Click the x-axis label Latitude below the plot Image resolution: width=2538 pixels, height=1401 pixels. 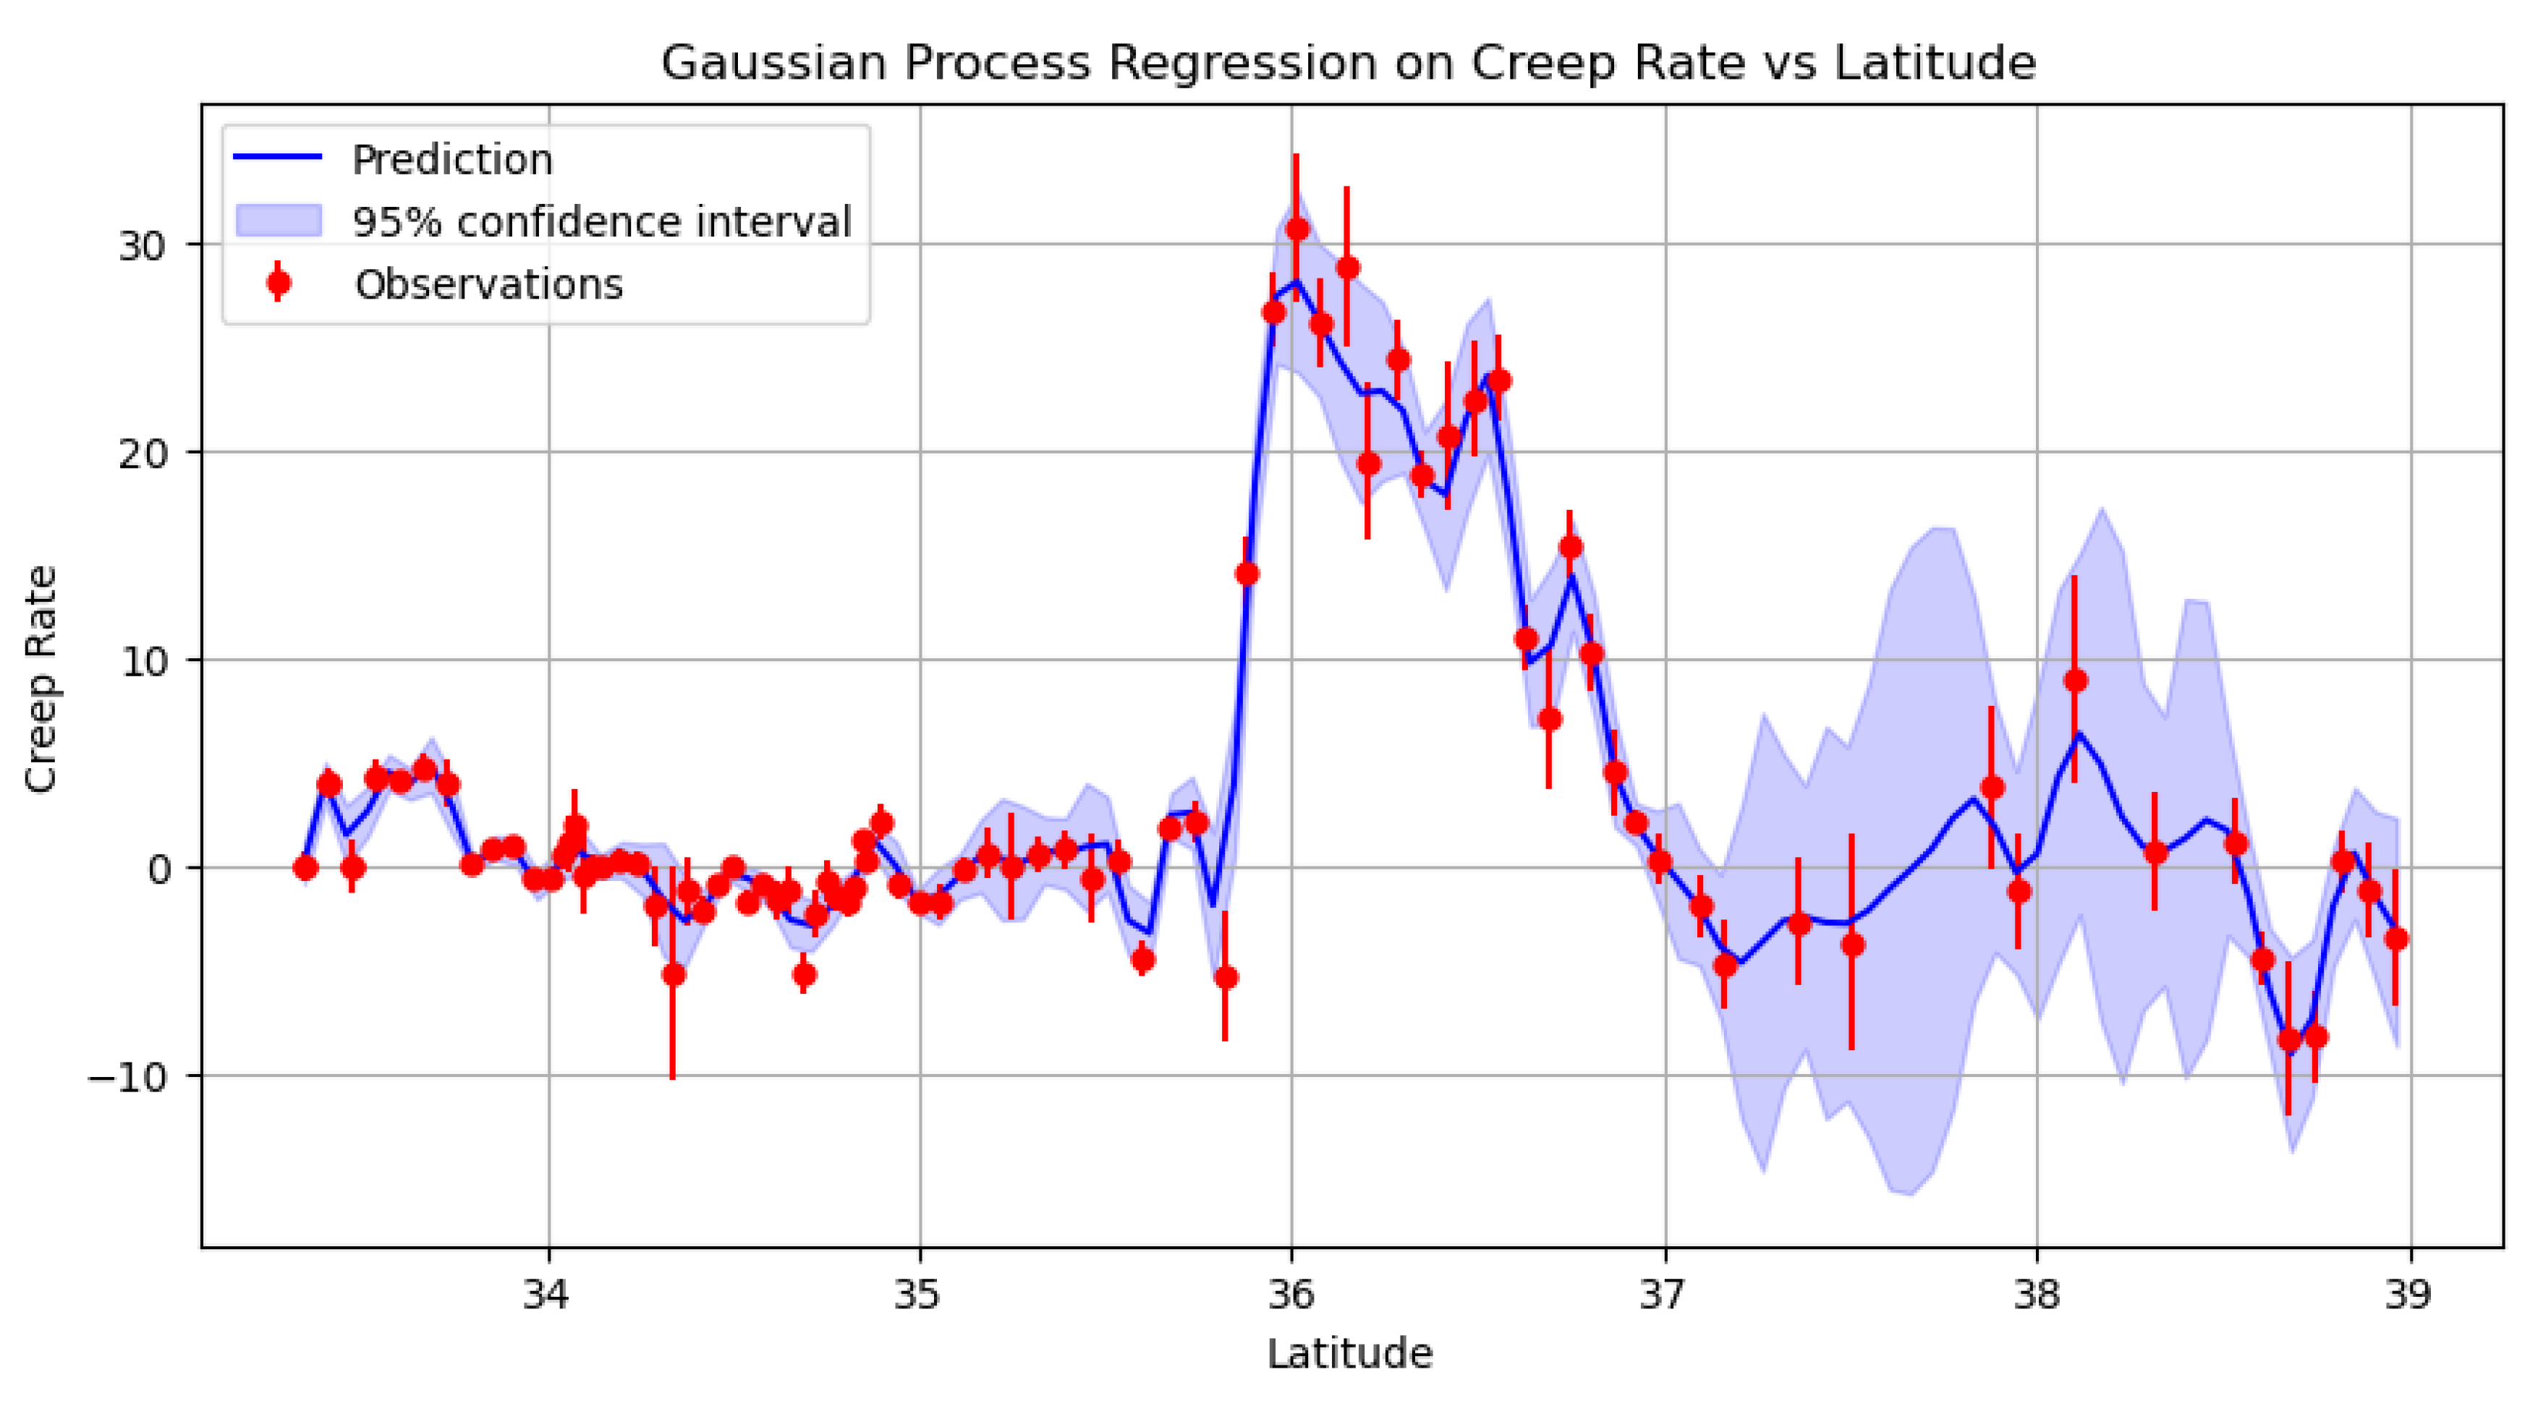(1349, 1354)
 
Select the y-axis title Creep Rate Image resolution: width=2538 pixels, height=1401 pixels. (41, 679)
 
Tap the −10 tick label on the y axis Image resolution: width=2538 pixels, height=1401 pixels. (128, 1076)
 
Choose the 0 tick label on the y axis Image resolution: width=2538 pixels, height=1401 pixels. (158, 869)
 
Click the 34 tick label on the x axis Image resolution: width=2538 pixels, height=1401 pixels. (547, 1294)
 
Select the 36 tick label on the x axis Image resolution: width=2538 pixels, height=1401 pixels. (1291, 1294)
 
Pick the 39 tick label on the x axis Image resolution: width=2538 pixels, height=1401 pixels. (2409, 1294)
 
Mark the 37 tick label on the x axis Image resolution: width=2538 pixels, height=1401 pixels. (1665, 1294)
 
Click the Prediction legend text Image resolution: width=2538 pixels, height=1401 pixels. (452, 160)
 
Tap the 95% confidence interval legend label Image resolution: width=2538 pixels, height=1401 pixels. (602, 221)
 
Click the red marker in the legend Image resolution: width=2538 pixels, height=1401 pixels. (279, 283)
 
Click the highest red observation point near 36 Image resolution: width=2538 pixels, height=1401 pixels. (1296, 229)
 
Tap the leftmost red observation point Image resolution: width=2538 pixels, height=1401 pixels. (305, 868)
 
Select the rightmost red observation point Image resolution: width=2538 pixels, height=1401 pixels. (2396, 939)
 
